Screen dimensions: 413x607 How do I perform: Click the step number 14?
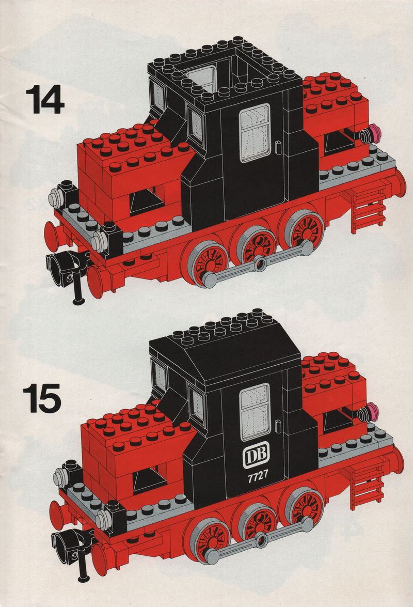click(x=45, y=100)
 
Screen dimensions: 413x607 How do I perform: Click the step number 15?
click(x=42, y=398)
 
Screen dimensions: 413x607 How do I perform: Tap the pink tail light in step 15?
click(x=373, y=411)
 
